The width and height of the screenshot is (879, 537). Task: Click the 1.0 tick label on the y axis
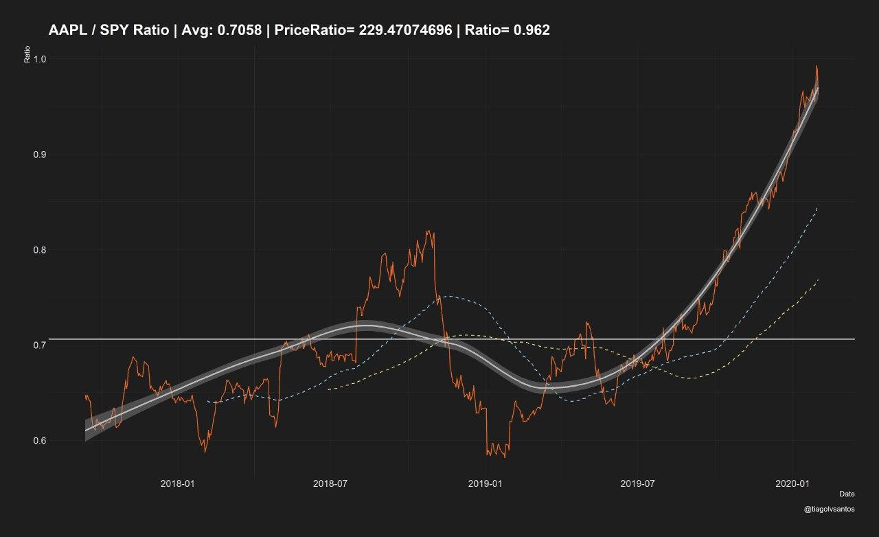click(39, 59)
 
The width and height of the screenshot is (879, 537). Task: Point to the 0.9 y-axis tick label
click(39, 155)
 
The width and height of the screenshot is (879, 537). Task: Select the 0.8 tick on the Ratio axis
click(39, 250)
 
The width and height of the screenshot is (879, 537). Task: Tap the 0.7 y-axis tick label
click(39, 345)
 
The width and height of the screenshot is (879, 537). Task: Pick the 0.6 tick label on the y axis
click(39, 440)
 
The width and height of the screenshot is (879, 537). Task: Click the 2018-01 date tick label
click(177, 484)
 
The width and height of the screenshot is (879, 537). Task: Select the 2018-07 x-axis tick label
click(331, 484)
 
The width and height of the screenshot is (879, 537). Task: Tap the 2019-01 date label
click(486, 484)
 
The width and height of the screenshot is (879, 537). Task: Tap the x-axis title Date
click(847, 494)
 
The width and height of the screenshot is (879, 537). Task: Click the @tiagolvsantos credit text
click(830, 510)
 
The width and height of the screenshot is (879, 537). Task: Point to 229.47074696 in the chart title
click(405, 30)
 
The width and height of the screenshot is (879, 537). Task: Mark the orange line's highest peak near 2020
click(817, 67)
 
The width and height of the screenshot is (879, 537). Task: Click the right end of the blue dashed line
click(818, 205)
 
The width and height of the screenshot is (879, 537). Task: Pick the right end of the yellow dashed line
click(818, 279)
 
